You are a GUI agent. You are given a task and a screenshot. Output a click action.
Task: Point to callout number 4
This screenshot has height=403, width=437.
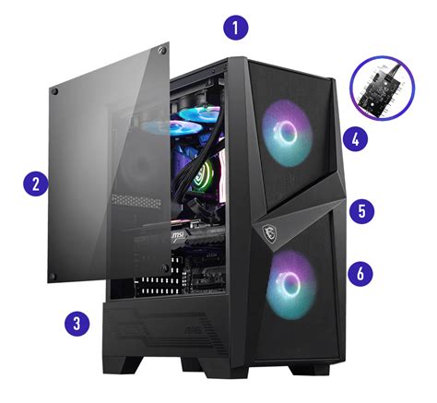(354, 139)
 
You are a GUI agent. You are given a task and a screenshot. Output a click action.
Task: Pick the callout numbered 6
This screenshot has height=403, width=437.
(361, 272)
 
